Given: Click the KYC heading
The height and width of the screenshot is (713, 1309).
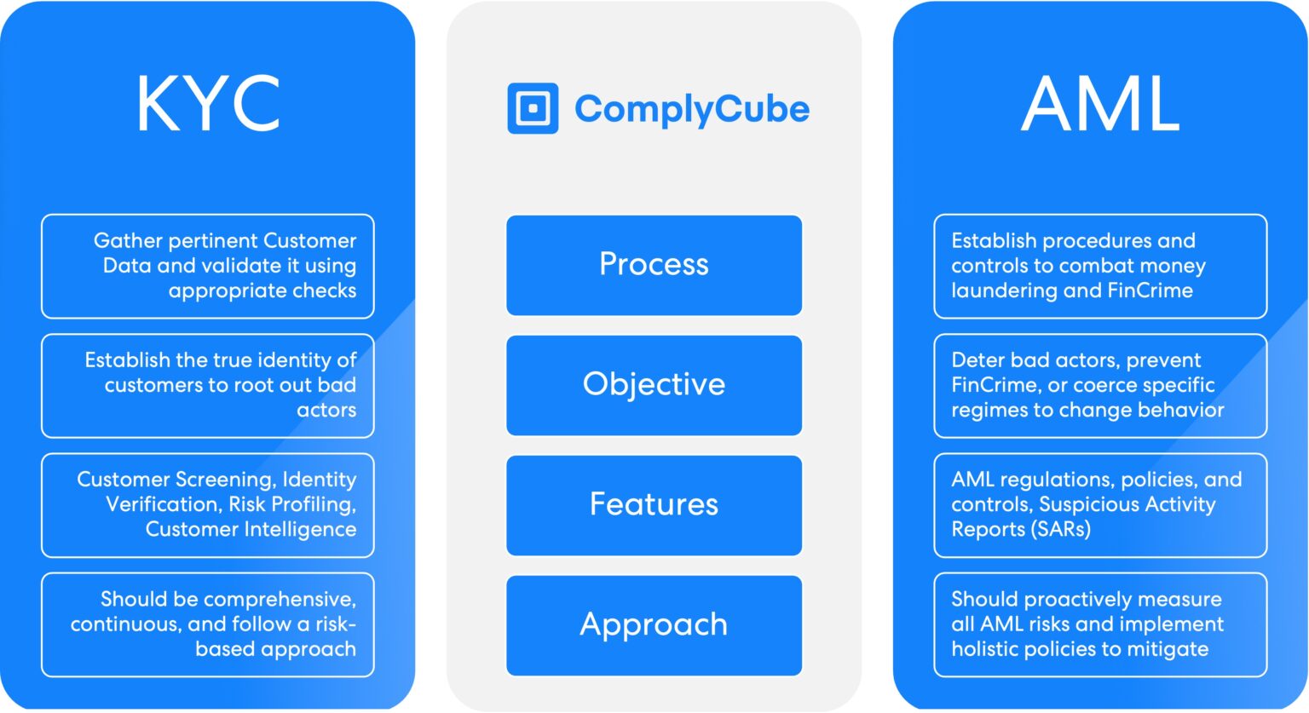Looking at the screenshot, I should (208, 103).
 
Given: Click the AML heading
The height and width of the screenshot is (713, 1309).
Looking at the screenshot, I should (1100, 103).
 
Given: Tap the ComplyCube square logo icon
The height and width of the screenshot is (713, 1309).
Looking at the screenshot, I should (533, 108).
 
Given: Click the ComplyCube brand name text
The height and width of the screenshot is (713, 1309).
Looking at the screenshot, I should (691, 109).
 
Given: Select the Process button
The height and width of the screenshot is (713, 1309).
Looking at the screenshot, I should (654, 265).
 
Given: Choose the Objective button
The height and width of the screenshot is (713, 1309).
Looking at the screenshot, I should (654, 385).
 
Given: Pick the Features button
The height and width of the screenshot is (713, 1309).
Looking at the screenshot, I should (654, 504).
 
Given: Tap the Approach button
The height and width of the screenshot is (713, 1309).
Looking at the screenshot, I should (654, 624).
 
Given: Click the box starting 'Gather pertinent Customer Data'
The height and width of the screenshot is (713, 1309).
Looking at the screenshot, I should (208, 266).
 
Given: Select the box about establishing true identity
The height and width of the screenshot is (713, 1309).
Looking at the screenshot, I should (208, 385).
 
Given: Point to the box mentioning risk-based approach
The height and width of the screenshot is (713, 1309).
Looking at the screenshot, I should (208, 624).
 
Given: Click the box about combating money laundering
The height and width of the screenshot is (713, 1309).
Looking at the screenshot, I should (1099, 266).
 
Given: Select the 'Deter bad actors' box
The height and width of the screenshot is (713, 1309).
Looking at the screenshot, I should (1099, 385).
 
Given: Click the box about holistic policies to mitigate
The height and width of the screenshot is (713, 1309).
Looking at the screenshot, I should (1099, 624).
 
